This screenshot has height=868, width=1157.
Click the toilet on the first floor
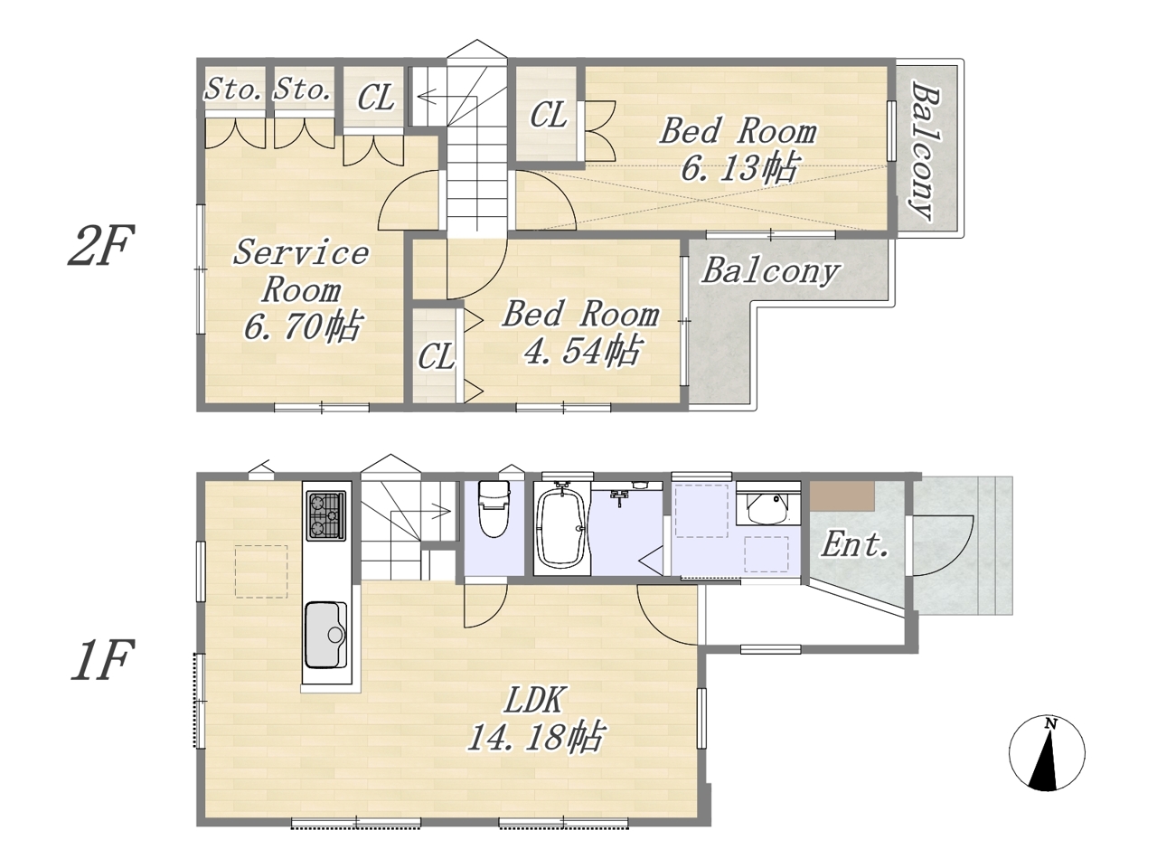tap(493, 508)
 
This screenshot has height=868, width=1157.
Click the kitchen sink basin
tap(326, 636)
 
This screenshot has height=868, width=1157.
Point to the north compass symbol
tap(1047, 752)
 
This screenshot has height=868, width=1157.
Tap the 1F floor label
tap(100, 659)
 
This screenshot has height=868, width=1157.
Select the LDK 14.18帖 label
tap(535, 718)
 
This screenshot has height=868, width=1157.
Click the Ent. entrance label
tap(855, 544)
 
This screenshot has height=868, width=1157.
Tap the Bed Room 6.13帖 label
tap(738, 149)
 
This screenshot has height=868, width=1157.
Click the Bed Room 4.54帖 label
tap(581, 333)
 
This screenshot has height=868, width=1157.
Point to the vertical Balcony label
tap(926, 150)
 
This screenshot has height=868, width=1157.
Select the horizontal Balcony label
tap(770, 272)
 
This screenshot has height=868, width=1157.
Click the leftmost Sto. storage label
tap(233, 89)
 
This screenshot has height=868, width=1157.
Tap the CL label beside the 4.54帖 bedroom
tap(436, 356)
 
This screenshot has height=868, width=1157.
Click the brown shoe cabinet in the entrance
tap(842, 495)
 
